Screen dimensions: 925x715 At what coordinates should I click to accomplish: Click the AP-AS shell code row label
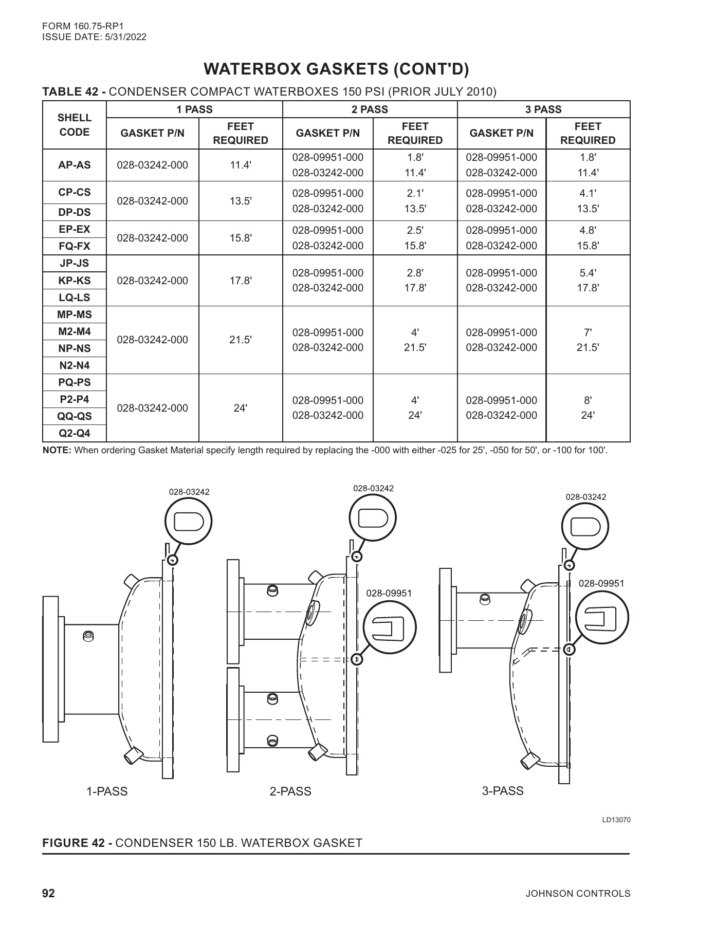75,165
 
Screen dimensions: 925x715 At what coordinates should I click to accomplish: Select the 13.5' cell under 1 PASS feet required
240,201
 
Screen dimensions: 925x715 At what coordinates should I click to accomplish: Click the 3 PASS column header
544,109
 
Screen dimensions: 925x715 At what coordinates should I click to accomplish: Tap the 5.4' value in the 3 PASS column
588,273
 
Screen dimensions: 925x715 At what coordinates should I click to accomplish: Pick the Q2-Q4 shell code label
75,433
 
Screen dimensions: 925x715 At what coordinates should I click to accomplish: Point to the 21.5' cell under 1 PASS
240,340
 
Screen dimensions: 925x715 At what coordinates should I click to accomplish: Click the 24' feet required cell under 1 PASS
240,408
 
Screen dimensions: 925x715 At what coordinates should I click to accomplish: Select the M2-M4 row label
75,331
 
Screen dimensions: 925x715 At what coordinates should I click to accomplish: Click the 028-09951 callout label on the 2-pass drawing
389,593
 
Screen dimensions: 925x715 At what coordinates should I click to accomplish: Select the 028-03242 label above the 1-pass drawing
189,492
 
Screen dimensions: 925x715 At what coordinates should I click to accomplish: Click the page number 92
48,893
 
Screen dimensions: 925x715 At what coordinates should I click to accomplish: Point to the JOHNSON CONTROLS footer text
578,894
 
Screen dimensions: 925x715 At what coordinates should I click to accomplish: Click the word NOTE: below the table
57,451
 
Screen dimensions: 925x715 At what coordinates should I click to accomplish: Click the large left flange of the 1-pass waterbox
50,669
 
